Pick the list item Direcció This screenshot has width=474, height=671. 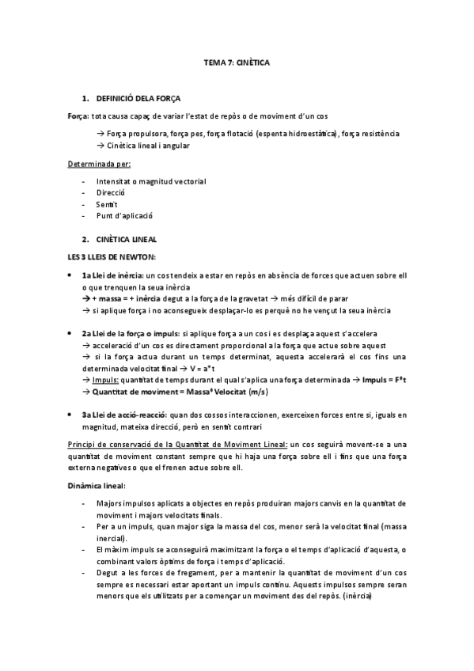(110, 192)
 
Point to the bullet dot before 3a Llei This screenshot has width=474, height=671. (72, 415)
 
